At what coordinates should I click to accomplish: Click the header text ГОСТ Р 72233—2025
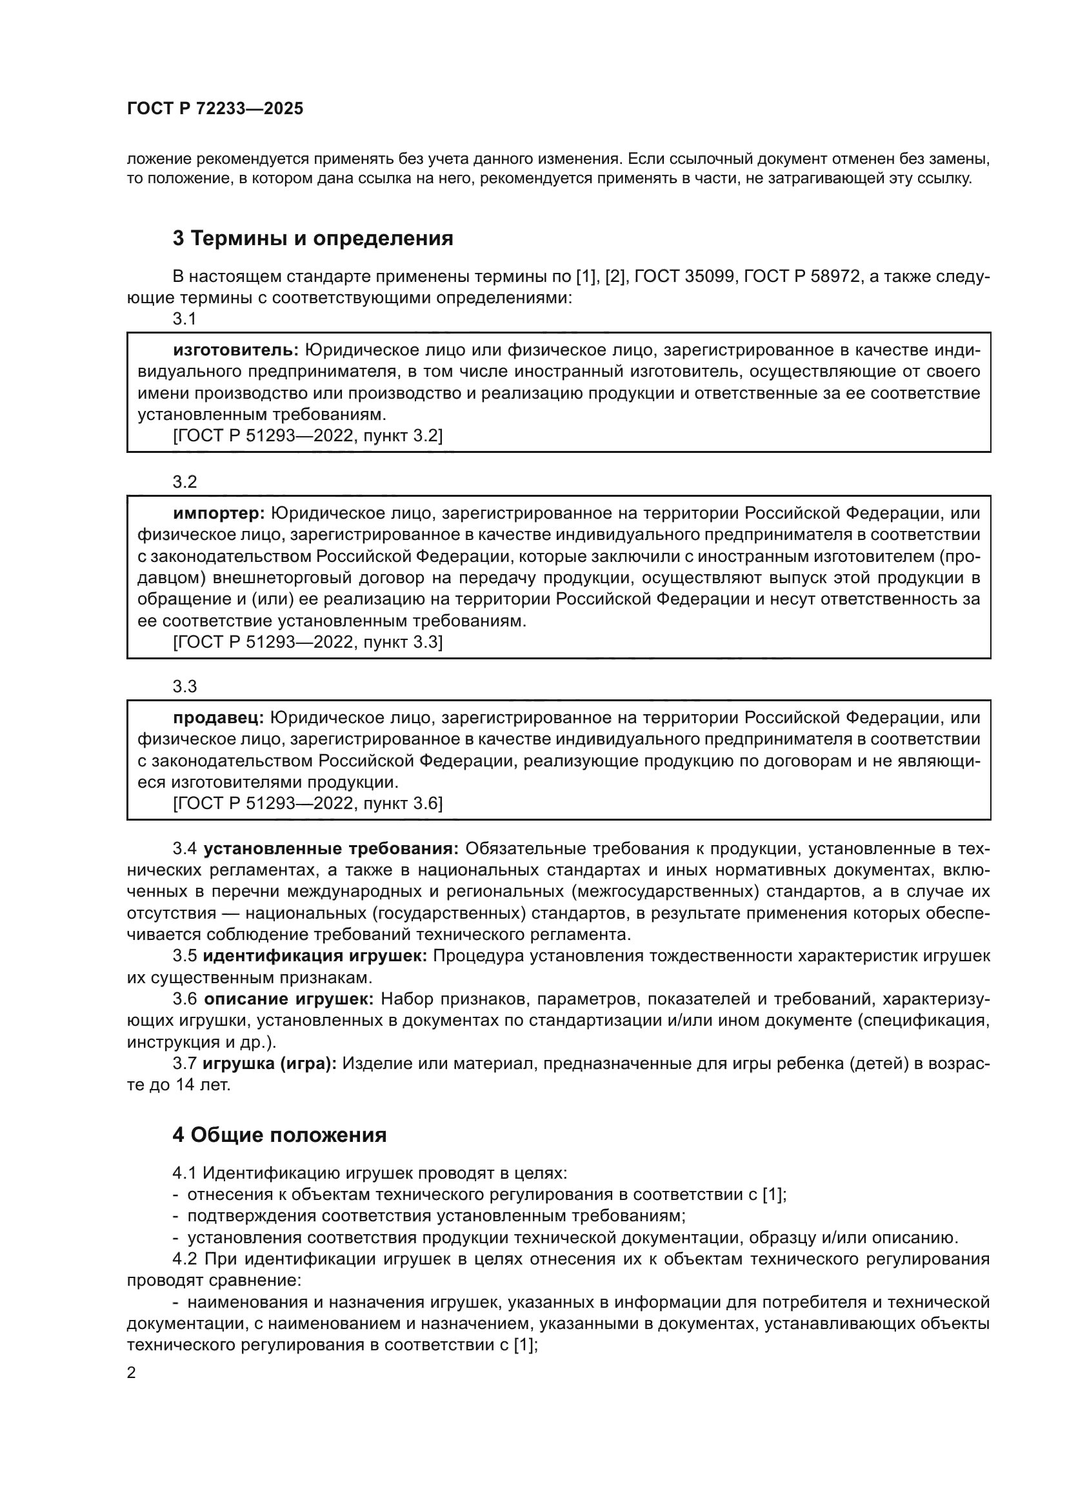coord(215,109)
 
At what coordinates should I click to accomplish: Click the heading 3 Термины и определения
coord(313,238)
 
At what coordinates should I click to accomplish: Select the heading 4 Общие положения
coord(279,1134)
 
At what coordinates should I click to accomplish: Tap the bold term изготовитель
coord(236,350)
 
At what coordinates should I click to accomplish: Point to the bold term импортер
coord(219,513)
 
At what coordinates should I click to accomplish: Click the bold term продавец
coord(218,717)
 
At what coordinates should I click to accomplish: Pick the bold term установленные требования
coord(331,848)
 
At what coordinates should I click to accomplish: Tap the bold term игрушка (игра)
coord(270,1063)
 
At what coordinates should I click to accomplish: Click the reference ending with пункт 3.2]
coord(308,435)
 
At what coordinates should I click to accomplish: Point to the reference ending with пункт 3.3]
coord(308,642)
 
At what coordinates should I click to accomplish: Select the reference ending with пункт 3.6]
coord(308,803)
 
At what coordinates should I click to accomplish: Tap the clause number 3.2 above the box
coord(184,482)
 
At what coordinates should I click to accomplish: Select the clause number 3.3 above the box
coord(184,686)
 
